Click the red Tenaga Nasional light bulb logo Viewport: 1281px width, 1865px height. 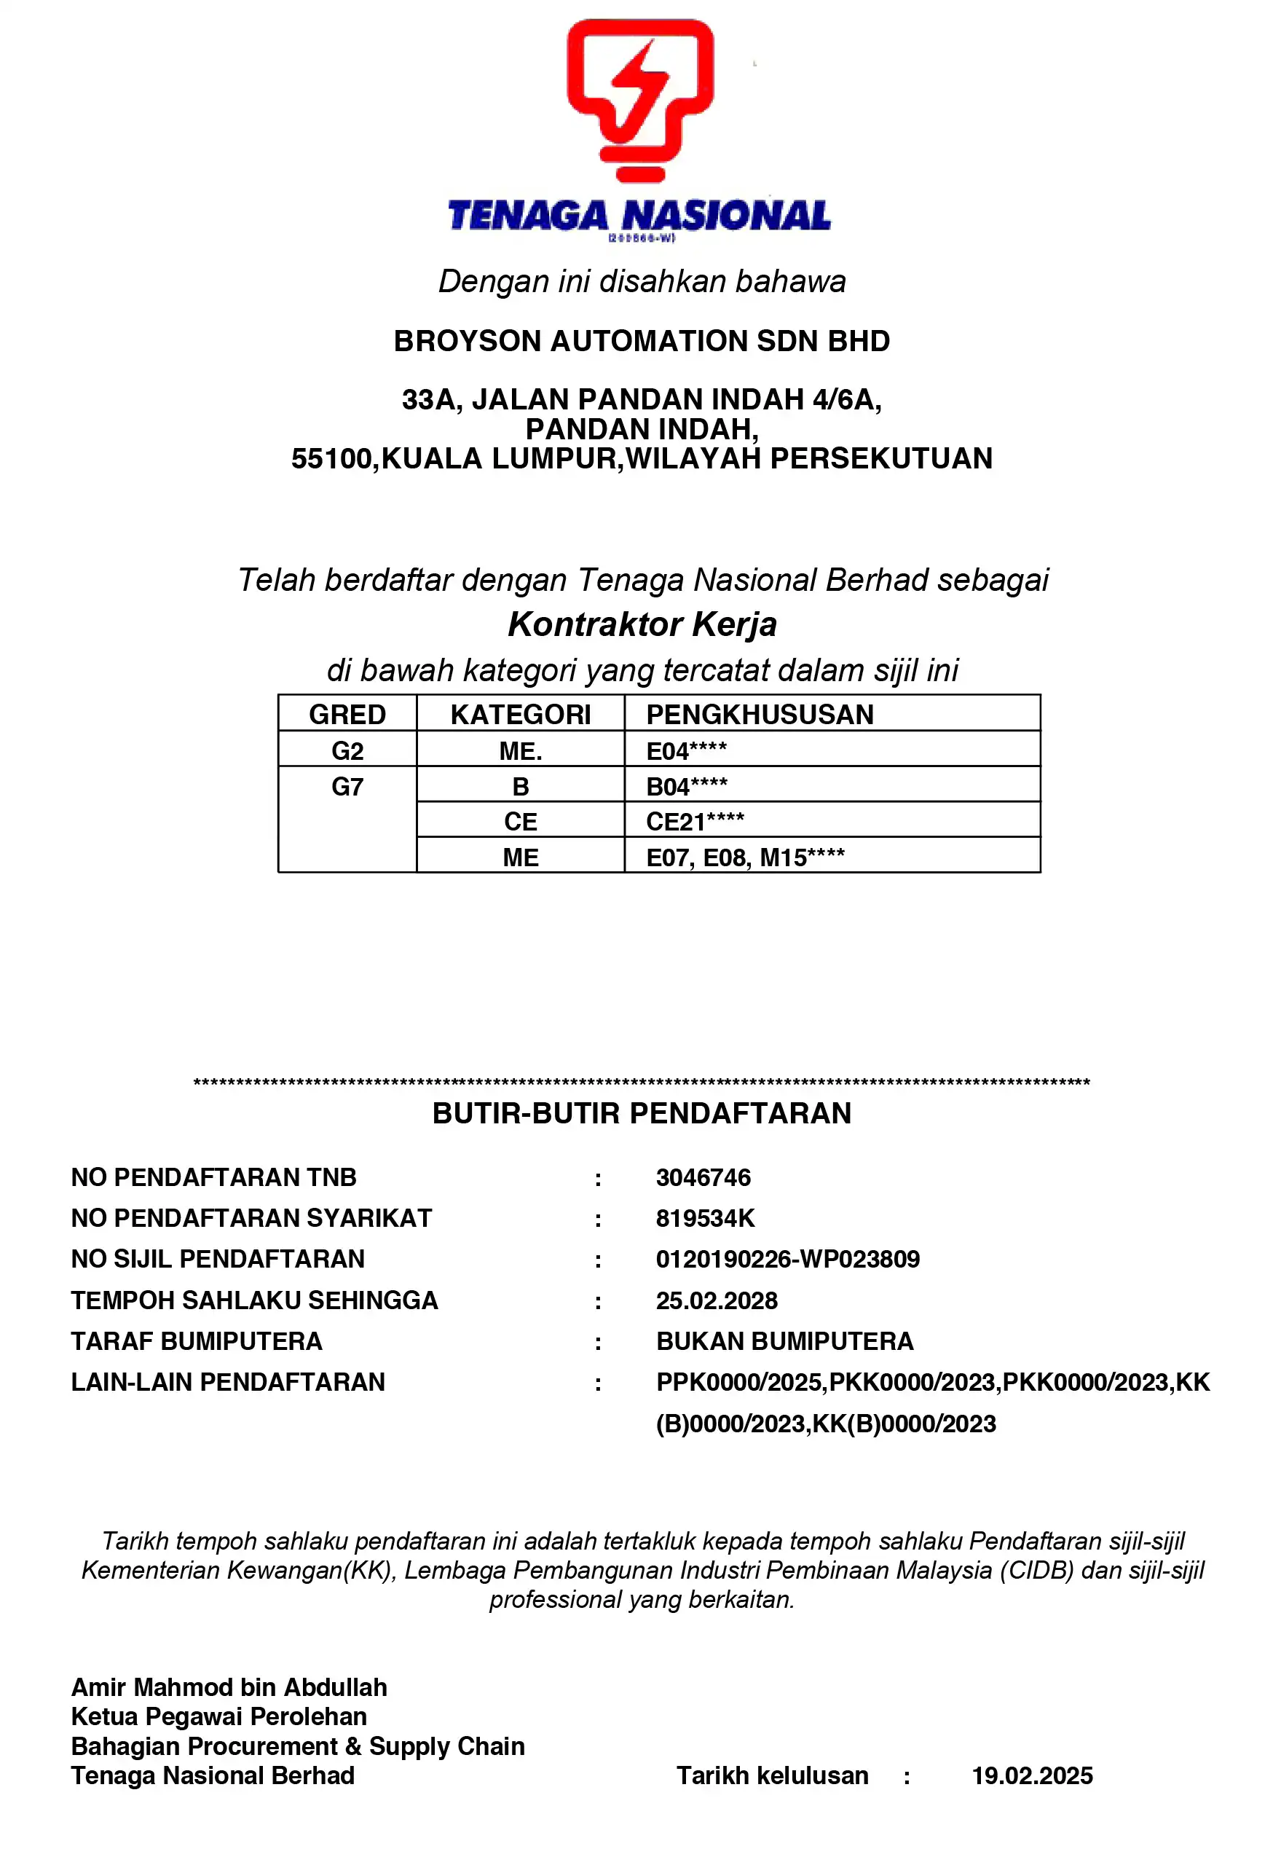[639, 100]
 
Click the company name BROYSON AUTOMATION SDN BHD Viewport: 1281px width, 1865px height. [642, 341]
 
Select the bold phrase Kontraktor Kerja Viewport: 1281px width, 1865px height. [642, 624]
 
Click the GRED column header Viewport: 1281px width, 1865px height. [347, 715]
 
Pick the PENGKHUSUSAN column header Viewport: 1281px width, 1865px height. [760, 715]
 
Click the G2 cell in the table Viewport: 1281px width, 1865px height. [347, 751]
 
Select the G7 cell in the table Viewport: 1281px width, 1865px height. [347, 787]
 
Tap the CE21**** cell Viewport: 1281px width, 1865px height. [695, 822]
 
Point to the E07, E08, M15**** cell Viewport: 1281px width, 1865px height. [745, 857]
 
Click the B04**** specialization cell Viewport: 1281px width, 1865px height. [686, 787]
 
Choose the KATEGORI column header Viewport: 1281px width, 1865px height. [520, 715]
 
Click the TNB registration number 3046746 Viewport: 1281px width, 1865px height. [703, 1177]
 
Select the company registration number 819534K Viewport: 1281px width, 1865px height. [705, 1218]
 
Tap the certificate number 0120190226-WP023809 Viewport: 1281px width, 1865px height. [787, 1259]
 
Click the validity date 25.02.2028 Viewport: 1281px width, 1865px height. [716, 1300]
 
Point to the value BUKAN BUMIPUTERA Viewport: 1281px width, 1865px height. [784, 1341]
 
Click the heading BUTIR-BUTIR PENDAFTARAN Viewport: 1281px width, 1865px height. [642, 1114]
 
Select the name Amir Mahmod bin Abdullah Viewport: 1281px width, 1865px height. [229, 1687]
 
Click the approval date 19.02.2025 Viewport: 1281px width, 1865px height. [1031, 1776]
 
